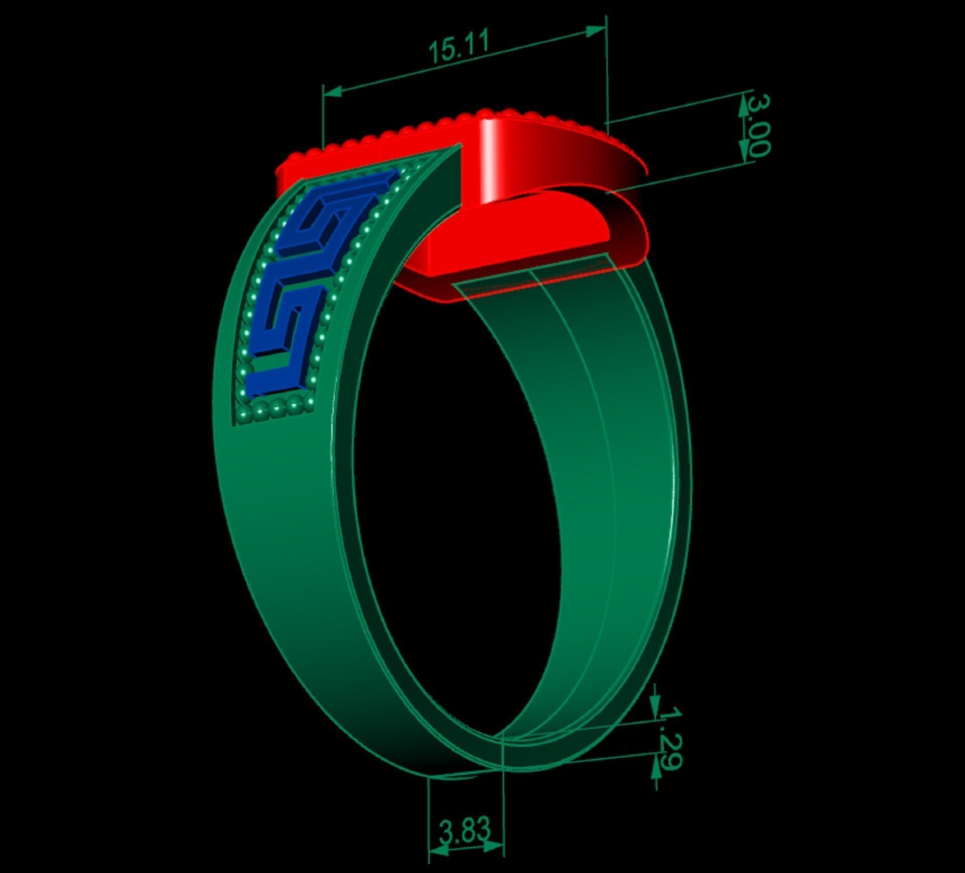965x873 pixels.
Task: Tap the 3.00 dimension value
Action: [x=757, y=126]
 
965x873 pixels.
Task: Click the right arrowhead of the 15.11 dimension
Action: [x=596, y=31]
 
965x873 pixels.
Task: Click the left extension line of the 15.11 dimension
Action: [x=323, y=121]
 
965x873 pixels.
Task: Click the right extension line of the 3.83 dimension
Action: [x=503, y=795]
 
